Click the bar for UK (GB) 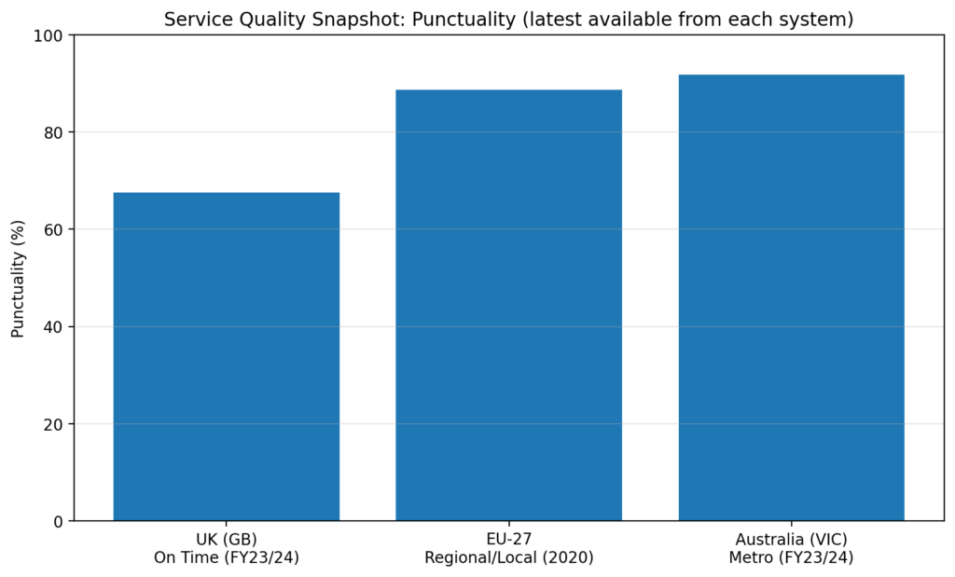coord(226,356)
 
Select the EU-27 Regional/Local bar coord(508,305)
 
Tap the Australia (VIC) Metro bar coord(791,297)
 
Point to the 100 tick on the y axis coord(50,35)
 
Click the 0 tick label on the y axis coord(59,521)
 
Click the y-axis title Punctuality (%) coord(18,278)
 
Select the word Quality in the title coord(265,20)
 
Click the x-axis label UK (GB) coord(226,540)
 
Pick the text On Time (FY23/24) coord(226,557)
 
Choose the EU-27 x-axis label coord(508,540)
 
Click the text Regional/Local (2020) coord(508,557)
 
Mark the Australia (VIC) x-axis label coord(791,540)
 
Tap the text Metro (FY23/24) coord(791,557)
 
